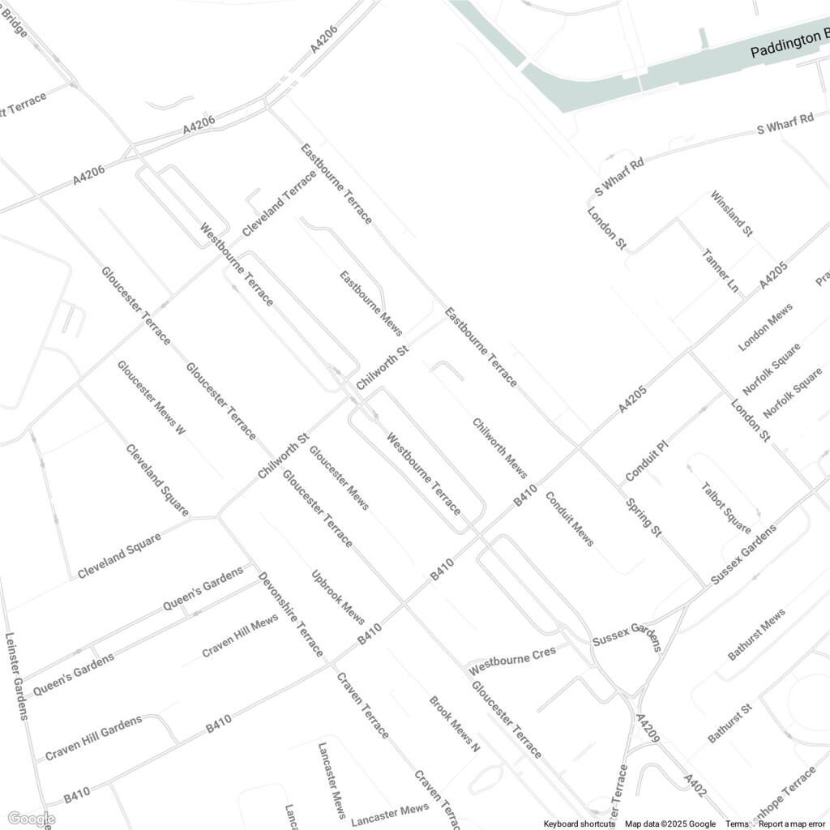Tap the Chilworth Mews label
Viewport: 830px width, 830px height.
(500, 448)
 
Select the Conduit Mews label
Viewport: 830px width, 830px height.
(569, 519)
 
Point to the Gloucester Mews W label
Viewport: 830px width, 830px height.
(152, 398)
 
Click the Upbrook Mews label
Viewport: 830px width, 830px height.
(338, 598)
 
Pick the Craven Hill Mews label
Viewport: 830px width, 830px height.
(240, 635)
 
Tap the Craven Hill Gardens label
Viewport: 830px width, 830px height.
(93, 738)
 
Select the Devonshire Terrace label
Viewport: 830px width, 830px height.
(290, 614)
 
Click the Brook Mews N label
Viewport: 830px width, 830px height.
(454, 724)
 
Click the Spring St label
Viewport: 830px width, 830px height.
(644, 519)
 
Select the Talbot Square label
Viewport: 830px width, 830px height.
(726, 507)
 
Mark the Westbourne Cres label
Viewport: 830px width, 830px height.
(512, 661)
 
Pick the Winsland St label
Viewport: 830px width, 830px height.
(731, 214)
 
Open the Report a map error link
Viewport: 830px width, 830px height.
(791, 824)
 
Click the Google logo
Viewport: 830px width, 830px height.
(30, 819)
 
